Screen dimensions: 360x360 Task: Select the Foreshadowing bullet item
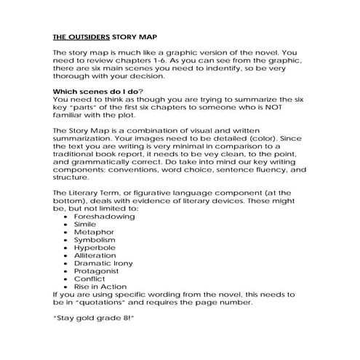(x=103, y=217)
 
